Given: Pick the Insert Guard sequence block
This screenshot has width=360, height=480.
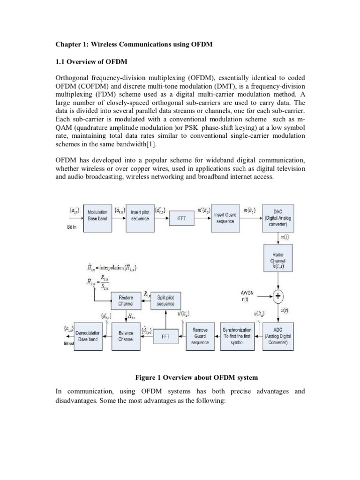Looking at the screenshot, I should [225, 218].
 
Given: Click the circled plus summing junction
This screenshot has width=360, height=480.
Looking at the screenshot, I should [277, 296].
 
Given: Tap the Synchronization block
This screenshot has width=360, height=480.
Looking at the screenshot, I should [238, 336].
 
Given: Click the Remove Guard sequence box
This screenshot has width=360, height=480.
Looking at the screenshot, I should [200, 336].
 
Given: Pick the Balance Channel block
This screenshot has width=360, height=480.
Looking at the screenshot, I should [126, 336].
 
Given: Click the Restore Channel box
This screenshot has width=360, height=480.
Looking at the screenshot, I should [126, 300].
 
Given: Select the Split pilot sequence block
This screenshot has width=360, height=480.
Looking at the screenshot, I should [165, 300].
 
